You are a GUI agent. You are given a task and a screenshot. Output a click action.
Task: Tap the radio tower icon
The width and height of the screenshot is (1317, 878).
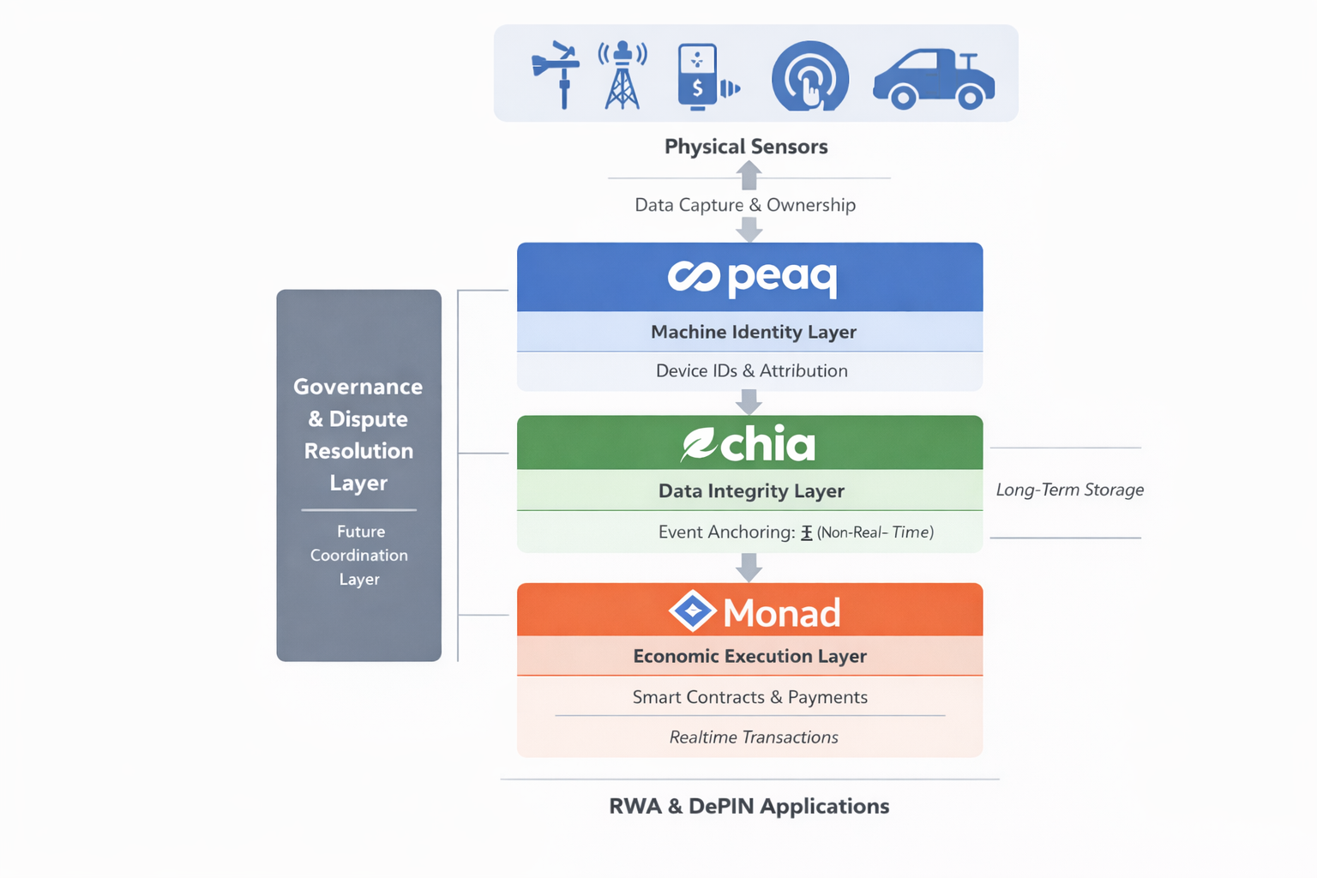(x=622, y=75)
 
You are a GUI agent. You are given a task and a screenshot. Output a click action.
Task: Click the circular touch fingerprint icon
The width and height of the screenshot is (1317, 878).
(x=809, y=77)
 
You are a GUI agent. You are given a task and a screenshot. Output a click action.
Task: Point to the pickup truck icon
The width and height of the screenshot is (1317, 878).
(x=934, y=79)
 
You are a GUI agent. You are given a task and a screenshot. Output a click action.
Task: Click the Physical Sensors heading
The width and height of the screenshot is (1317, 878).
(x=746, y=147)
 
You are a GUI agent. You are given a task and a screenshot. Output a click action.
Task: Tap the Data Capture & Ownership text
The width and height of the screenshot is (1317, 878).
(x=745, y=205)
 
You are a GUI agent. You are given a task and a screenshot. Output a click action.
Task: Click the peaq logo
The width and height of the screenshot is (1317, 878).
(x=751, y=277)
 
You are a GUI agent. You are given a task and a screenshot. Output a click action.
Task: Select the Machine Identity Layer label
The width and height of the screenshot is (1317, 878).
(x=753, y=332)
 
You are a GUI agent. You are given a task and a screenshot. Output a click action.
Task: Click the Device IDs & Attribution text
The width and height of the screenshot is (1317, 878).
(x=751, y=370)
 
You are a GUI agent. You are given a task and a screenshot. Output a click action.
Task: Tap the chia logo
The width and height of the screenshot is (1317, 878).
(x=749, y=444)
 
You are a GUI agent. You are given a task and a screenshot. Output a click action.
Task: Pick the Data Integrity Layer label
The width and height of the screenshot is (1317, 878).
(x=751, y=490)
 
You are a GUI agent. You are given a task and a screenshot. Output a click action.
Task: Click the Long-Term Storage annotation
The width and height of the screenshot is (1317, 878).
(x=1069, y=490)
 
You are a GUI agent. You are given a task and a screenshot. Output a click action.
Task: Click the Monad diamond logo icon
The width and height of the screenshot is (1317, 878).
(x=692, y=611)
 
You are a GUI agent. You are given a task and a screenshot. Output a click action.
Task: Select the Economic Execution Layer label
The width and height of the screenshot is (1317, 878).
(x=749, y=656)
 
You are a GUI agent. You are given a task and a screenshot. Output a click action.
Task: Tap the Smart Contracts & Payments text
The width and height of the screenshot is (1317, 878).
(x=749, y=697)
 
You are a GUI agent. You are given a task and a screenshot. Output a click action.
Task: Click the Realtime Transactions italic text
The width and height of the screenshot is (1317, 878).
(x=753, y=737)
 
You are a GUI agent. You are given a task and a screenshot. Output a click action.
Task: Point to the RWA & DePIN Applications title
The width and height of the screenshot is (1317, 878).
(x=749, y=806)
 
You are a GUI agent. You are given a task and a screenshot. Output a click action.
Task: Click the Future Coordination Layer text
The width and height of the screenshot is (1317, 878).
(x=359, y=555)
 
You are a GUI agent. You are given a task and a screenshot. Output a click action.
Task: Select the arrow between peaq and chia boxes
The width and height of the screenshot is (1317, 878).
(x=749, y=402)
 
